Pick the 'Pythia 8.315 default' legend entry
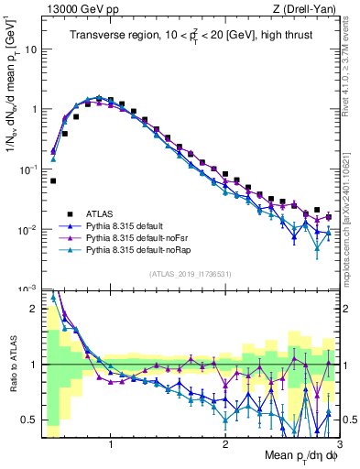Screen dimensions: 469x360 [130, 225]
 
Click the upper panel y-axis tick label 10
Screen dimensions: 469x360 [30, 49]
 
